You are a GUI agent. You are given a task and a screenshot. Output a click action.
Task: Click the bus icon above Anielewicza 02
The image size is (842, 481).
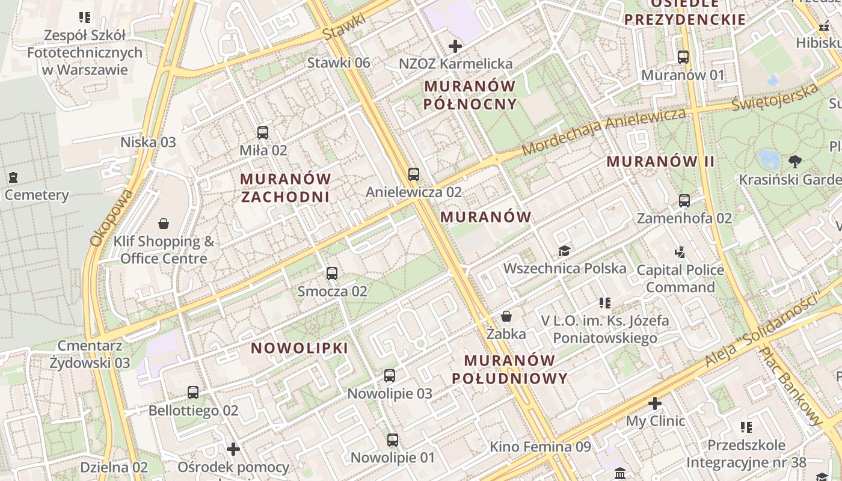point(413,174)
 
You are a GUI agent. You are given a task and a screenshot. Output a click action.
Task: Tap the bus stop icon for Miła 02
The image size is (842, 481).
point(263,133)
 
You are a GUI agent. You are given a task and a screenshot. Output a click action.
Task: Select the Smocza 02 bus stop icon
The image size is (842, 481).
point(331,274)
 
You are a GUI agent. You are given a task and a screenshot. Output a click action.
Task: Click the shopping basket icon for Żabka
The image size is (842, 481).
point(506,316)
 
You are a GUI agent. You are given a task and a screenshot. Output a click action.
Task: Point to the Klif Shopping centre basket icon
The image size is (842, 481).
point(164,224)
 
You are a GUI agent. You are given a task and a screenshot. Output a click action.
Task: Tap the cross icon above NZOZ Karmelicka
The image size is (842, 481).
point(455,46)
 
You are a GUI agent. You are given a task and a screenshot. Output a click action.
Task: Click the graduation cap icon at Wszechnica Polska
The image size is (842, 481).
point(564,251)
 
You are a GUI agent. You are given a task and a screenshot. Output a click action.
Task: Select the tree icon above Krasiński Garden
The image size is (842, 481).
point(795,161)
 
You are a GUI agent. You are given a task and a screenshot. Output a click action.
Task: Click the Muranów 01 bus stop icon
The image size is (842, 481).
point(683,57)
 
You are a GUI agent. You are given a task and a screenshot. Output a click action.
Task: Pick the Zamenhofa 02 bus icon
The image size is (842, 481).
point(684,200)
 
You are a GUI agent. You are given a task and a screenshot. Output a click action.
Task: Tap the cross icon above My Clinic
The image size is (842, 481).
point(655,403)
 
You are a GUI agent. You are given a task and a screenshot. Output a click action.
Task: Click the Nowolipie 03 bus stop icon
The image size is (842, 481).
point(390,376)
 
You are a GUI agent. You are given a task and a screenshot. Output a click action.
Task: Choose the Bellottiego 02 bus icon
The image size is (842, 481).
point(192,393)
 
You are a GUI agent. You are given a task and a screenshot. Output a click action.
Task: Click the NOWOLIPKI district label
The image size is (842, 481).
point(300,348)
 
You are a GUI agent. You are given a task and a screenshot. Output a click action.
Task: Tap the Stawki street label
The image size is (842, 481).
point(343,26)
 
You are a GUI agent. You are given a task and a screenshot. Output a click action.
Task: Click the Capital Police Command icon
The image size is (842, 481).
point(680,252)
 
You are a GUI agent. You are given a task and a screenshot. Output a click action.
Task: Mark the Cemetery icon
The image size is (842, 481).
point(13,177)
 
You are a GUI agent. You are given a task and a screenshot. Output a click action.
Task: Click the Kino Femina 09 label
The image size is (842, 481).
point(540,447)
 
